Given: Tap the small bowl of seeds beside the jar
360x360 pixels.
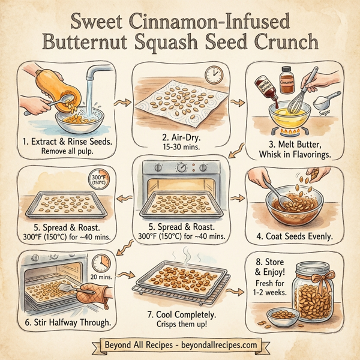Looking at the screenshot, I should point(277,315).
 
